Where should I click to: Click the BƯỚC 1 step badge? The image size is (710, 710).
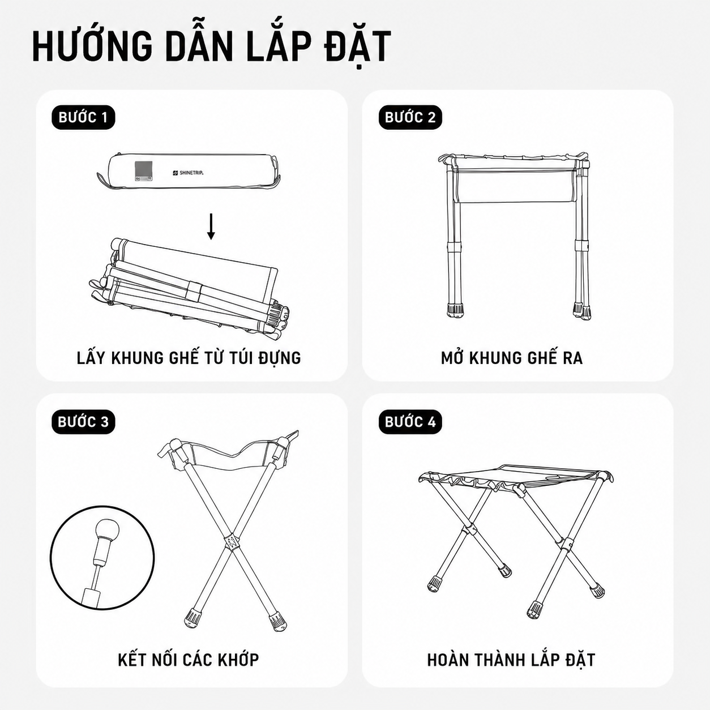pos(83,118)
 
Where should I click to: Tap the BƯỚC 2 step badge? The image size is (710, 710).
pos(410,118)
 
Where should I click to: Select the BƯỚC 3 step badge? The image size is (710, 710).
pos(83,421)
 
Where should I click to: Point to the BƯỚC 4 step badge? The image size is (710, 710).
pos(410,421)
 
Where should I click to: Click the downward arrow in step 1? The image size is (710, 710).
pos(211,226)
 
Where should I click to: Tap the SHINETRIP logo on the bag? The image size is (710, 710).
pos(188,173)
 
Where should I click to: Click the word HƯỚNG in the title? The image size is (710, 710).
pos(92,47)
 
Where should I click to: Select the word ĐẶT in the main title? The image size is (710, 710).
pos(357,47)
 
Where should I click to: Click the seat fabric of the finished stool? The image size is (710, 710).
pos(516,474)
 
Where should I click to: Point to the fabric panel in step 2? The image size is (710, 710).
pos(515,186)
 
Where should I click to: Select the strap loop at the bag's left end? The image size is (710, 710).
pos(103,179)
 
